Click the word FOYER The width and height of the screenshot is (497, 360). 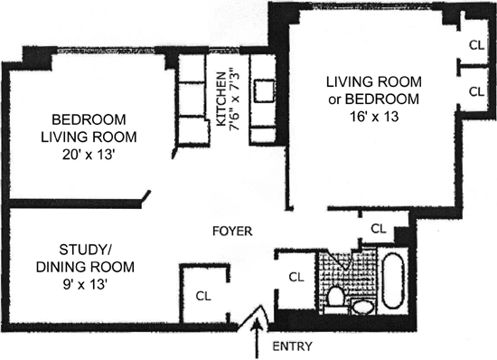click(232, 231)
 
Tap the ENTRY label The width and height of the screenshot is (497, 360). click(292, 346)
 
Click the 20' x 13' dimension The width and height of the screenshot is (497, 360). click(89, 155)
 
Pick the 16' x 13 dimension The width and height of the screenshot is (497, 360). click(374, 117)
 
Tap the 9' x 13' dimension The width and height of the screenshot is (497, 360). click(84, 284)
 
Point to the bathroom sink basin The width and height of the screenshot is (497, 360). click(363, 307)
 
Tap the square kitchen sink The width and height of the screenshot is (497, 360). click(264, 91)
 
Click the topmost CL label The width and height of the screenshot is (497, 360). click(477, 45)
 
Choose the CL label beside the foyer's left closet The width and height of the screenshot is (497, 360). click(203, 296)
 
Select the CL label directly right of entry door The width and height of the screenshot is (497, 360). click(296, 277)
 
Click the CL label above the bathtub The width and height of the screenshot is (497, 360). click(379, 228)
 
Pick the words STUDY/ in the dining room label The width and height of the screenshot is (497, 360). click(85, 250)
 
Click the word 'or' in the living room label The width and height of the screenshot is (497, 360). click(334, 99)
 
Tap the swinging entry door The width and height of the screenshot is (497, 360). click(254, 318)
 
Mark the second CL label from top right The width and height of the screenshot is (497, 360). click(477, 91)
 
